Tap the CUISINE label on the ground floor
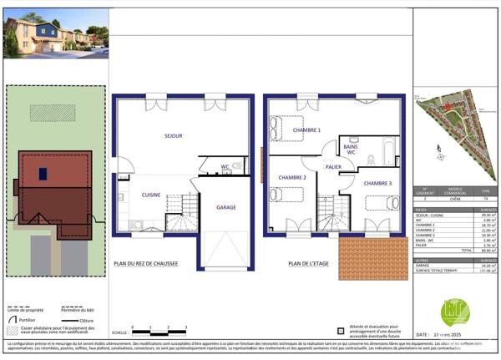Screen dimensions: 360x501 [151, 194]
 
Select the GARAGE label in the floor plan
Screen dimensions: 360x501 [226, 207]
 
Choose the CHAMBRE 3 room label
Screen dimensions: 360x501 [378, 183]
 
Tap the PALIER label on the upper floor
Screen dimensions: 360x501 [335, 166]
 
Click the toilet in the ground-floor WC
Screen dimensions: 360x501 [236, 166]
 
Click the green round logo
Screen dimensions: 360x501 [455, 313]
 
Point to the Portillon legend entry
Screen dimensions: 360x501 [25, 319]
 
